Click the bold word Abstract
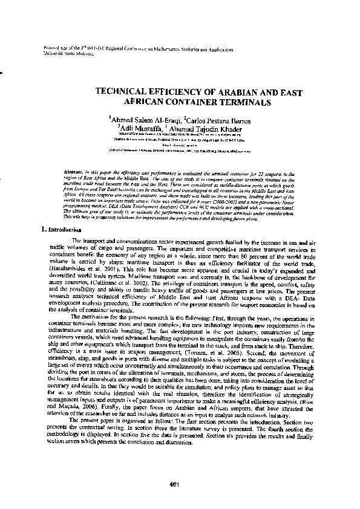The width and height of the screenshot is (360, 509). tap(74, 173)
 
